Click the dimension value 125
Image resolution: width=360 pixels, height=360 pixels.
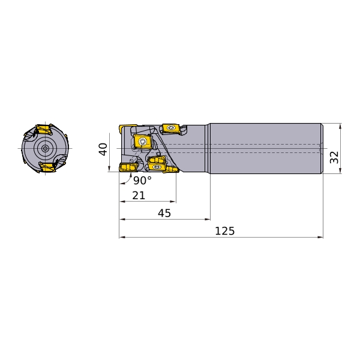(x=225, y=231)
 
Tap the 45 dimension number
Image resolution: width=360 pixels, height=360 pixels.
(x=164, y=213)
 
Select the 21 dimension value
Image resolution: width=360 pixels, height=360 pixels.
(x=139, y=196)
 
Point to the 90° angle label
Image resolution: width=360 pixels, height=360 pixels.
(x=142, y=181)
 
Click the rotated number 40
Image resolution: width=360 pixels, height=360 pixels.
(x=104, y=149)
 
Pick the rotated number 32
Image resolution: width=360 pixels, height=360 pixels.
(x=334, y=157)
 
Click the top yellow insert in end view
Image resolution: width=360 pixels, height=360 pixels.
(x=44, y=130)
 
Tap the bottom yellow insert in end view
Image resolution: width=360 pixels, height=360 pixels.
(x=47, y=167)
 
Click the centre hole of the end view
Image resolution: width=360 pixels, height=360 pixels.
(x=45, y=149)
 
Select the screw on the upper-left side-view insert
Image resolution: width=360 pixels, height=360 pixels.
(x=143, y=142)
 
